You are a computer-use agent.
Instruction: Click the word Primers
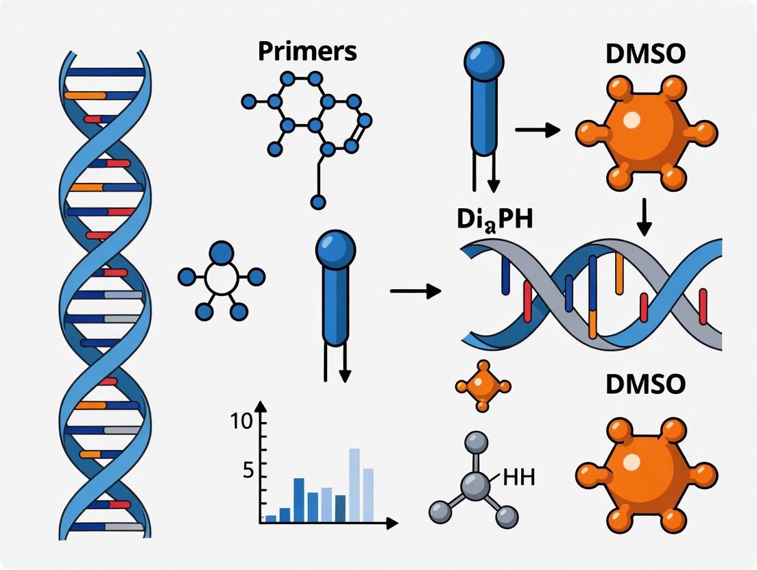coord(307,52)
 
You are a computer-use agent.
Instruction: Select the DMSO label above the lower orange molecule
coord(645,384)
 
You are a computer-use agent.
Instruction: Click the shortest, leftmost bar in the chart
coord(271,519)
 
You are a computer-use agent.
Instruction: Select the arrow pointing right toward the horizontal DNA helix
coord(416,291)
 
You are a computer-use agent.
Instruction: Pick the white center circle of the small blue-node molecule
coord(221,277)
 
